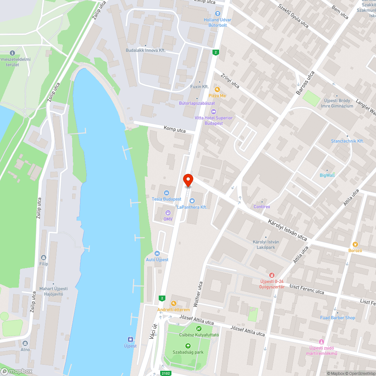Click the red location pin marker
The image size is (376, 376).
188,180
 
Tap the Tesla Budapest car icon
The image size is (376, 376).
167,193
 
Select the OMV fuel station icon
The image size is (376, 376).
168,213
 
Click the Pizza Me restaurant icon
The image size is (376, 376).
217,89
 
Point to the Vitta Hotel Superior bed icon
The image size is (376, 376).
214,112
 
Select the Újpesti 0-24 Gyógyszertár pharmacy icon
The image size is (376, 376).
271,275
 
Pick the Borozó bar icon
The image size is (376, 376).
355,244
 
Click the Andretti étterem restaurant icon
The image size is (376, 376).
173,303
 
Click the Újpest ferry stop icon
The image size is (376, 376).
130,339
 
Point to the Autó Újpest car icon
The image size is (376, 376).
157,253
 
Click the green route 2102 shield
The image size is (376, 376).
166,373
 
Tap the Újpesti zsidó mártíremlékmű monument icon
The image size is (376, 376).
321,341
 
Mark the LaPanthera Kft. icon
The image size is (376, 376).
192,201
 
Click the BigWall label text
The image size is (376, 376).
327,175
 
